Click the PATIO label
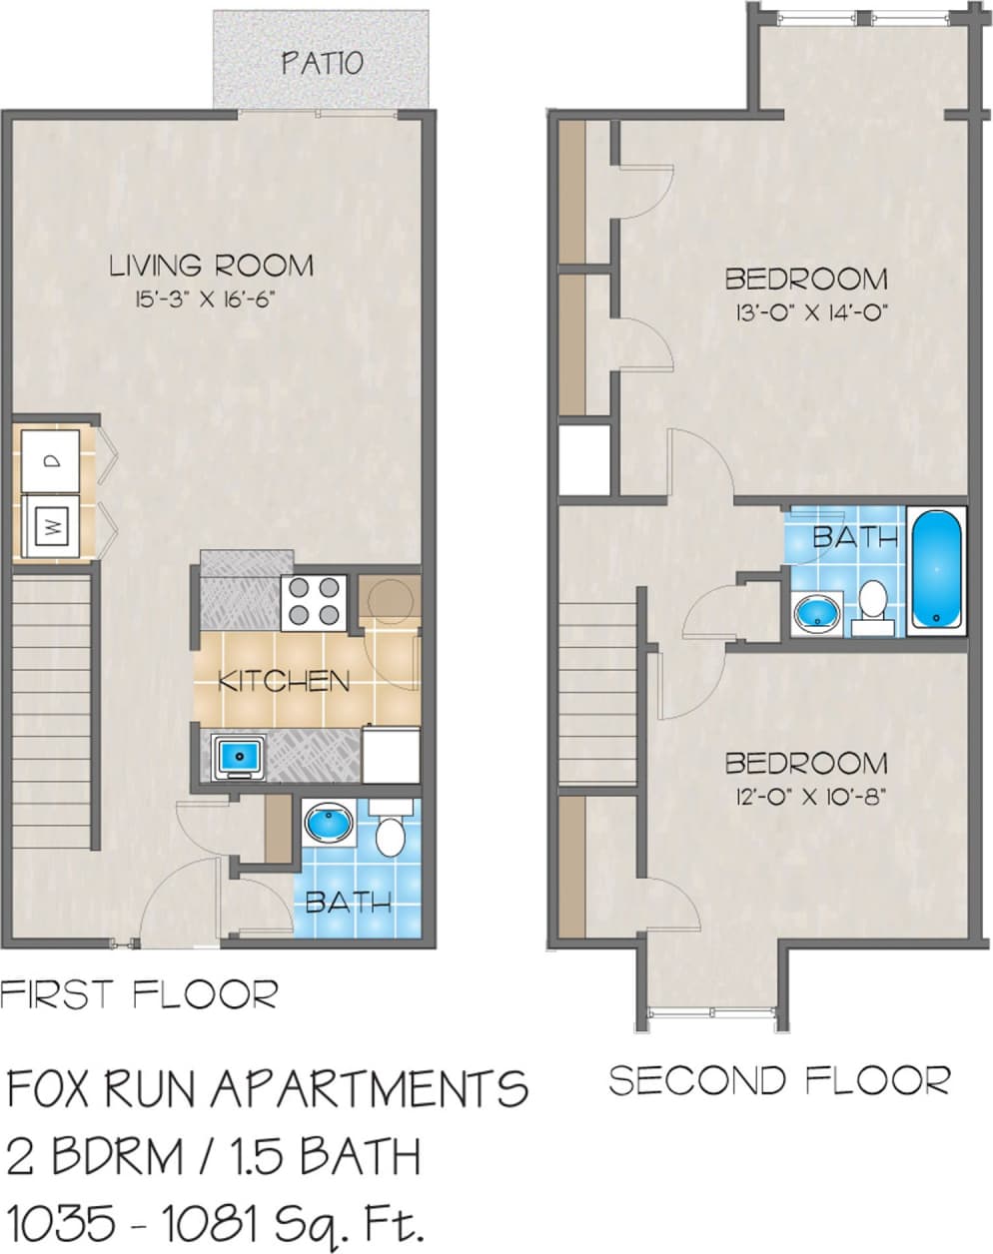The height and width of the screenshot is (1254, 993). pos(321,63)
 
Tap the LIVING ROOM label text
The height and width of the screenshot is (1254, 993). pos(211,266)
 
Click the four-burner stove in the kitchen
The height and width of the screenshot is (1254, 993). pos(313,602)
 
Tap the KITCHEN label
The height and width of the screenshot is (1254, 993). pos(284,682)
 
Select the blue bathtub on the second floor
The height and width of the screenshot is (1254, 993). pos(938,567)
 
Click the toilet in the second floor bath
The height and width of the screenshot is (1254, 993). pos(872,604)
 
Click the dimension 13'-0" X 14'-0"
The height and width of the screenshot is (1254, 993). pos(806,313)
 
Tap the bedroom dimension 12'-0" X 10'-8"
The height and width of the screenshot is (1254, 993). pos(806,797)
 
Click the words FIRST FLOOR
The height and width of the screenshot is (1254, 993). pos(139,994)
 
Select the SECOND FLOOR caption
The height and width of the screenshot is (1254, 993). pos(779,1080)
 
